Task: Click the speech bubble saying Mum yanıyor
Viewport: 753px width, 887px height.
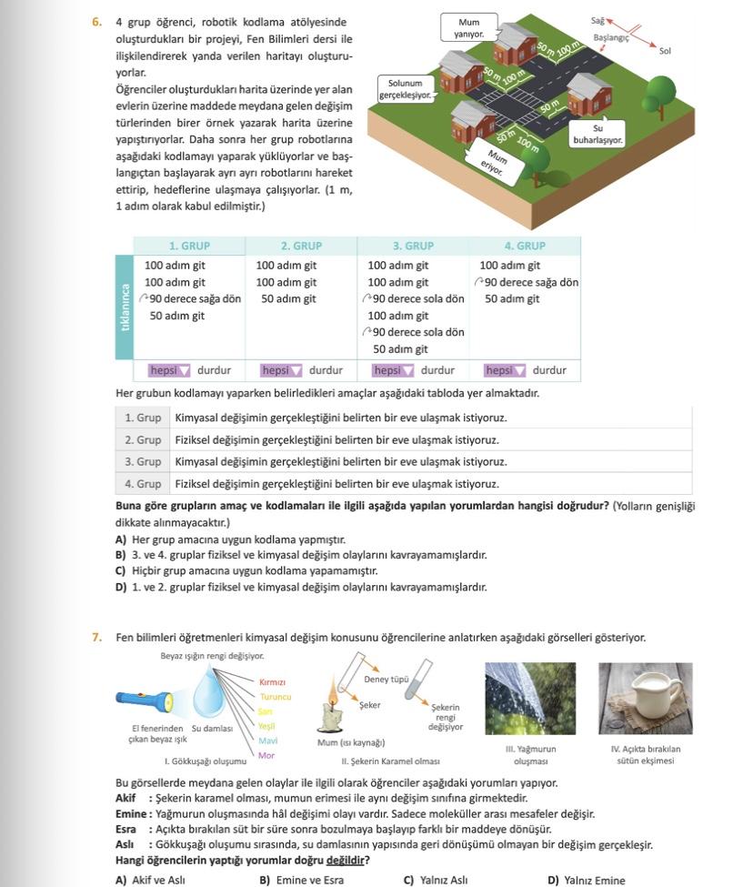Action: [468, 27]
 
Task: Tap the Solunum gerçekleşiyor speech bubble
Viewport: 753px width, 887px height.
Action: [405, 88]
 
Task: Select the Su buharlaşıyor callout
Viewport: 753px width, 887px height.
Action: [597, 135]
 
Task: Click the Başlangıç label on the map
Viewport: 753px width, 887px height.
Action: [611, 39]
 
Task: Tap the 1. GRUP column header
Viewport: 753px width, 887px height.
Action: [189, 246]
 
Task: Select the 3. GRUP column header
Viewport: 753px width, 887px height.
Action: [413, 246]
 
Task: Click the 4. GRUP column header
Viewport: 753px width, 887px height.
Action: [525, 246]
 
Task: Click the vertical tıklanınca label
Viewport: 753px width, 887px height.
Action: [125, 307]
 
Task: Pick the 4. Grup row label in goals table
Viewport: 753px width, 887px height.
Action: [143, 484]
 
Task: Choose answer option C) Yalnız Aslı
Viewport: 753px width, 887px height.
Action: [436, 880]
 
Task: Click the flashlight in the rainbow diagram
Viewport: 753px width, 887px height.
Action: [144, 699]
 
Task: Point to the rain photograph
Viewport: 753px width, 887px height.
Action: [530, 699]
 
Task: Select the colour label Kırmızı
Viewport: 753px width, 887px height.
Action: [272, 681]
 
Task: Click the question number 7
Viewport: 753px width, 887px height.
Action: [97, 638]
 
